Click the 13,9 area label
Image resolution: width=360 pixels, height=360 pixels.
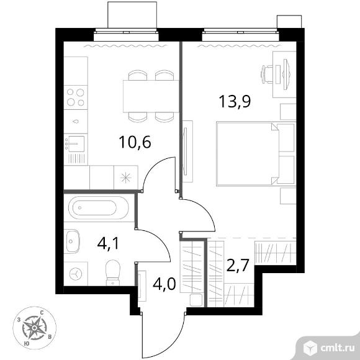[235, 101]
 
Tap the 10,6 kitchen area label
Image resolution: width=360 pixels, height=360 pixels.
[135, 142]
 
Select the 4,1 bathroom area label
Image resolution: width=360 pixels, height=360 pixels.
[108, 243]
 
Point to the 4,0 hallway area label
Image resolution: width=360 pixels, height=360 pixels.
[164, 284]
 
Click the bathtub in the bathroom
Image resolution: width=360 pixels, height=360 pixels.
[99, 208]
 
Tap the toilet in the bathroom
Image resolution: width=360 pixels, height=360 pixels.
[113, 272]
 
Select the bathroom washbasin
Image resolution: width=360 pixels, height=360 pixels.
[72, 241]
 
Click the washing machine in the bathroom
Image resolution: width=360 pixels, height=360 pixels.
[76, 274]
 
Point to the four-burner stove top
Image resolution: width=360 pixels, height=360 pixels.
[76, 97]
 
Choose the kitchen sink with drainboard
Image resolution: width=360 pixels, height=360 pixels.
[76, 150]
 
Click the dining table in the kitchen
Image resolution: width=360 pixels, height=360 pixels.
[151, 96]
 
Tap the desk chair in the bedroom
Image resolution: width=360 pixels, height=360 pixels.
[268, 74]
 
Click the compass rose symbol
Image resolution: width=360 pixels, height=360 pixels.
[34, 328]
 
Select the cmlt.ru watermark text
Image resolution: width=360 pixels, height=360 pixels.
[336, 348]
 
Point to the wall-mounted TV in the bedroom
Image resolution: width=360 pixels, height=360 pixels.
[186, 151]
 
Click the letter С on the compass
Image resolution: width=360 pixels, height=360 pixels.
[42, 313]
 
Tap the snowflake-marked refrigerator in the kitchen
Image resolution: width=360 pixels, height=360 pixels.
[126, 178]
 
